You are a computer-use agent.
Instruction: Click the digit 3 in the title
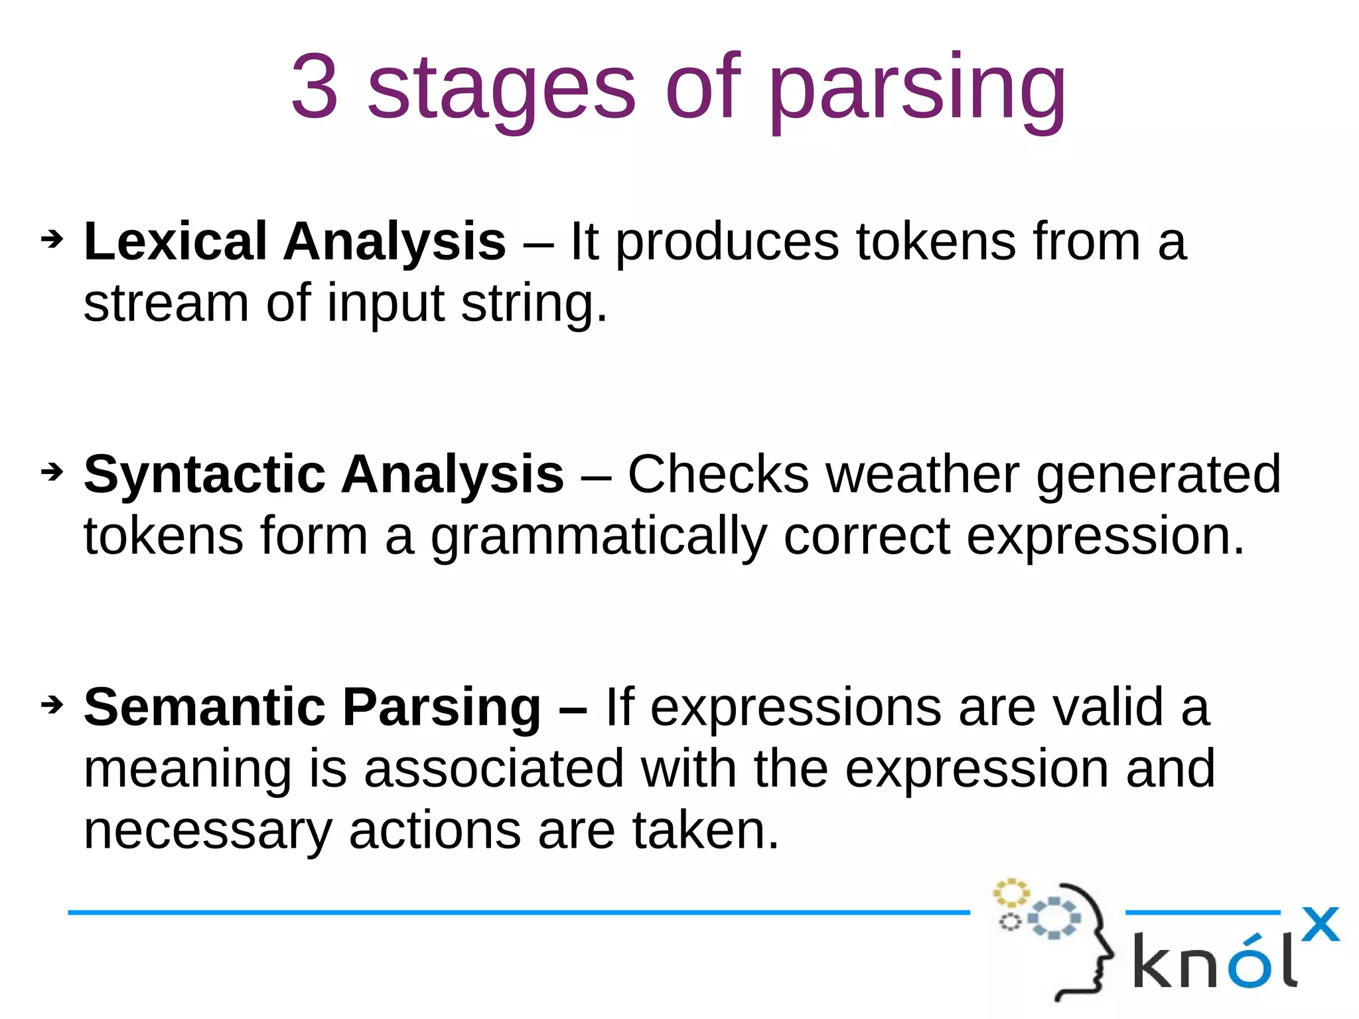(x=315, y=87)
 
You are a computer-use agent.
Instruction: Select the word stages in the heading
(x=502, y=90)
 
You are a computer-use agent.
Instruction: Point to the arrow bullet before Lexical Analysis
(x=52, y=239)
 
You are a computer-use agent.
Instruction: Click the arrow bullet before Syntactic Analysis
(x=52, y=472)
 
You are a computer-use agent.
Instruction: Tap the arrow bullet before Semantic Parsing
(x=52, y=704)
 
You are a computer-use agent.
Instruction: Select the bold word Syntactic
(x=204, y=475)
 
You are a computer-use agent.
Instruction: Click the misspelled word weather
(x=922, y=474)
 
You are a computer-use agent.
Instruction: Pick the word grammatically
(x=599, y=538)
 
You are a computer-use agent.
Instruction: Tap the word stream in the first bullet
(x=166, y=303)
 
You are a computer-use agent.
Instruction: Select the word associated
(x=494, y=769)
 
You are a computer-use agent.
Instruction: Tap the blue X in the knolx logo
(x=1320, y=925)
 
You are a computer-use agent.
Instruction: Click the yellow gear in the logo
(x=1011, y=893)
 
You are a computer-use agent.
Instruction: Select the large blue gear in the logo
(x=1054, y=918)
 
